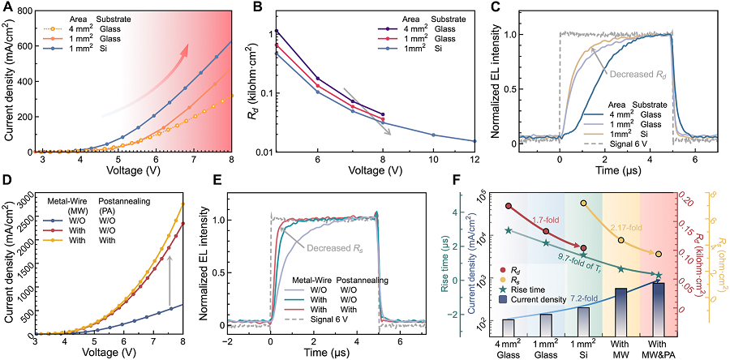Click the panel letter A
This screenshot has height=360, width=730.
(x=7, y=7)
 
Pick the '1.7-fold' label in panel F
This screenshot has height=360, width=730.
(x=548, y=220)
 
